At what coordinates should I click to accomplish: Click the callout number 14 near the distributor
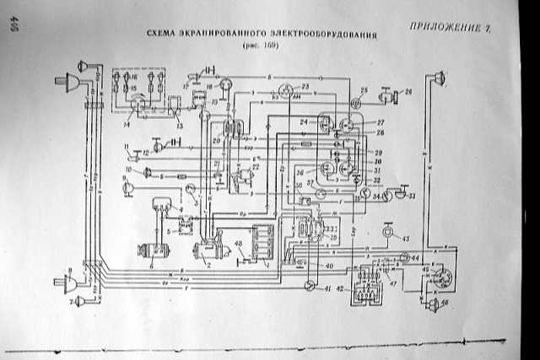(x=126, y=123)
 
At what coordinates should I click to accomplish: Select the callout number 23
(x=305, y=87)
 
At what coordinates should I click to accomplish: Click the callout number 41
(x=326, y=290)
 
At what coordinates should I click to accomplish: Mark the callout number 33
(x=413, y=197)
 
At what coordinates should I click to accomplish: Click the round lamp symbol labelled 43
(x=388, y=231)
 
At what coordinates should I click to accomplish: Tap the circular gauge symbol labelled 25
(x=355, y=103)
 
